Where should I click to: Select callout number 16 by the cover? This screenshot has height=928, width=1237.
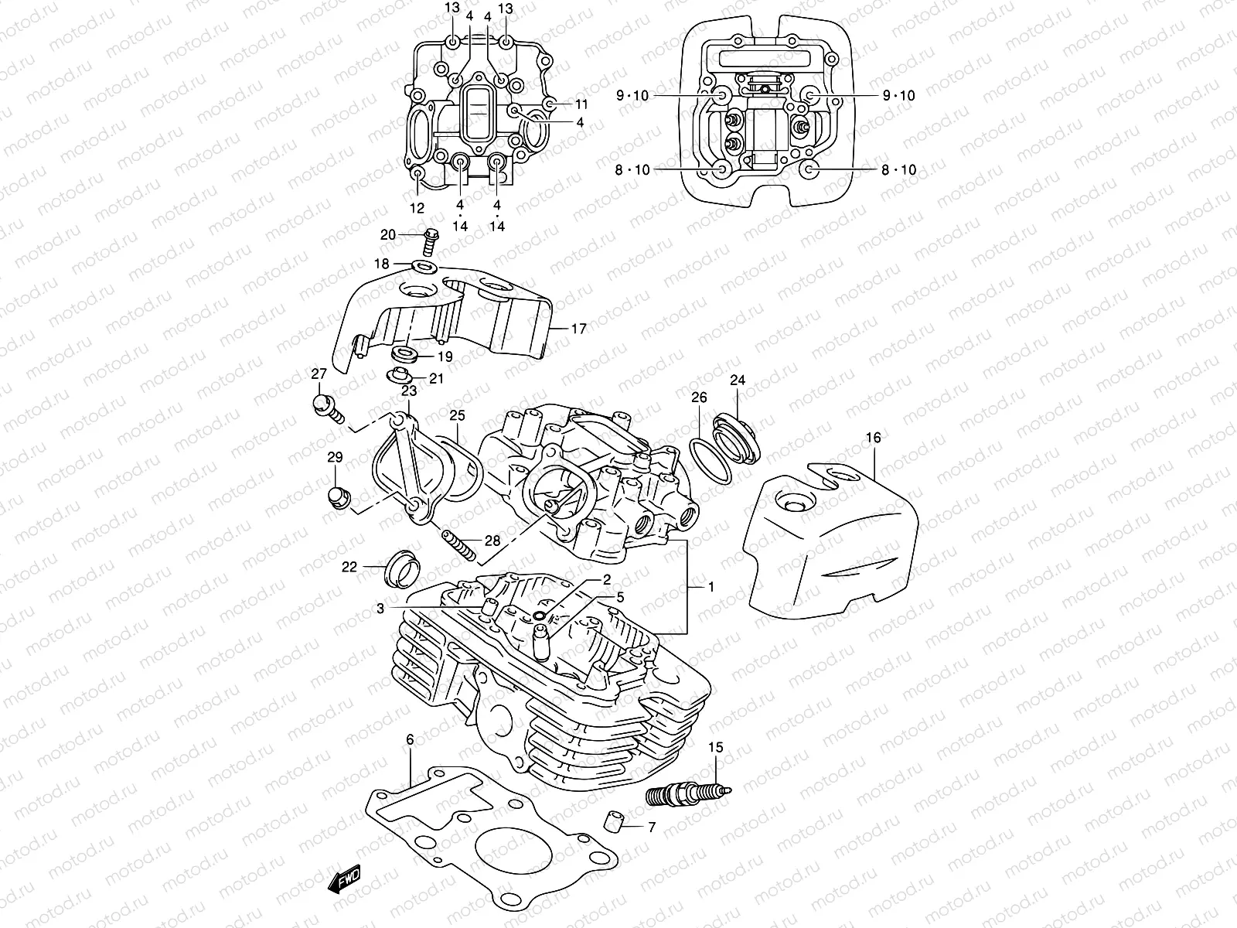tap(873, 438)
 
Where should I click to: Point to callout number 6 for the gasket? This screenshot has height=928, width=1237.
tap(410, 740)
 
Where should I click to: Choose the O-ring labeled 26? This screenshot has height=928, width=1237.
tap(710, 456)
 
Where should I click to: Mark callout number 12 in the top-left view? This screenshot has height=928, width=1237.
tap(417, 208)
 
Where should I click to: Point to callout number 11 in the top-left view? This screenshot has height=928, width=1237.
tap(581, 104)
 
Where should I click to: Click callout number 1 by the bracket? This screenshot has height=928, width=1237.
tap(711, 587)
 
